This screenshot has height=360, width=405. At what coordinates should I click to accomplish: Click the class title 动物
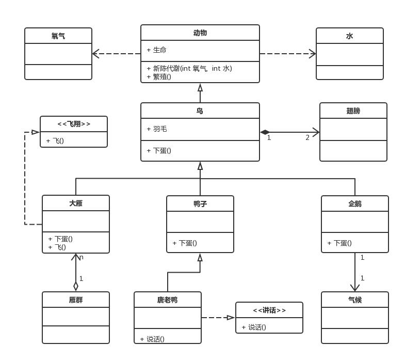pyautogui.click(x=200, y=33)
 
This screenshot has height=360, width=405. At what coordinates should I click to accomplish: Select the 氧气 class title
pyautogui.click(x=58, y=36)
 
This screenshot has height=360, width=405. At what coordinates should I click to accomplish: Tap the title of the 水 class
pyautogui.click(x=349, y=36)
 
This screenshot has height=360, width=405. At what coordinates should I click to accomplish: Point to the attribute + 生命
pyautogui.click(x=156, y=50)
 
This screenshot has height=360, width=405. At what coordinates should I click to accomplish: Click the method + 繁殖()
pyautogui.click(x=159, y=77)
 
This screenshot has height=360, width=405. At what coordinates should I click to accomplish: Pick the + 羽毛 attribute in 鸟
pyautogui.click(x=156, y=129)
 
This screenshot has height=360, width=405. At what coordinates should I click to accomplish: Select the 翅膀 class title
pyautogui.click(x=353, y=111)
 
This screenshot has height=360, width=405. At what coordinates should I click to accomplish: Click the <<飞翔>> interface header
pyautogui.click(x=74, y=124)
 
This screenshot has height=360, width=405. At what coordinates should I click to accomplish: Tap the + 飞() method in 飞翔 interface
pyautogui.click(x=55, y=140)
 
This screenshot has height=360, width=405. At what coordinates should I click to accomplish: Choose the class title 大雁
pyautogui.click(x=76, y=204)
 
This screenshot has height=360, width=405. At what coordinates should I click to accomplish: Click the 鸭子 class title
pyautogui.click(x=200, y=204)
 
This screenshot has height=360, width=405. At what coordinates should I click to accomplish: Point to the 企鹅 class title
pyautogui.click(x=355, y=204)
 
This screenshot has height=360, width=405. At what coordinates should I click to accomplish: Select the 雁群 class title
pyautogui.click(x=76, y=300)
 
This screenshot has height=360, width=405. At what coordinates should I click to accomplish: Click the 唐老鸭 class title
pyautogui.click(x=168, y=300)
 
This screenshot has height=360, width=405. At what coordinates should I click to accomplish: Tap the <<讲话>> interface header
pyautogui.click(x=269, y=310)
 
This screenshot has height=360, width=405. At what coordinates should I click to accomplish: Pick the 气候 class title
pyautogui.click(x=355, y=300)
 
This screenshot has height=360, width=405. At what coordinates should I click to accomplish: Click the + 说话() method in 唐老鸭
pyautogui.click(x=152, y=339)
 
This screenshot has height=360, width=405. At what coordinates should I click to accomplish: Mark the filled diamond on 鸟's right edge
pyautogui.click(x=265, y=132)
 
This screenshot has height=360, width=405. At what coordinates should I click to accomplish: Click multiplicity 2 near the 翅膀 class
pyautogui.click(x=307, y=137)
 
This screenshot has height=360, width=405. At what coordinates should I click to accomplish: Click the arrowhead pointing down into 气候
pyautogui.click(x=355, y=288)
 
